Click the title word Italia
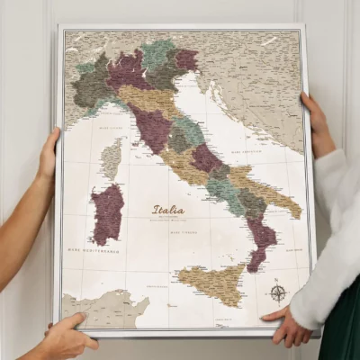pyautogui.click(x=168, y=210)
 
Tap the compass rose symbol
pyautogui.click(x=278, y=292)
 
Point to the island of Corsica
pyautogui.click(x=112, y=157)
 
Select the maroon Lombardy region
pyautogui.click(x=127, y=70)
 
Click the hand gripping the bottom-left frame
pyautogui.click(x=65, y=337)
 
